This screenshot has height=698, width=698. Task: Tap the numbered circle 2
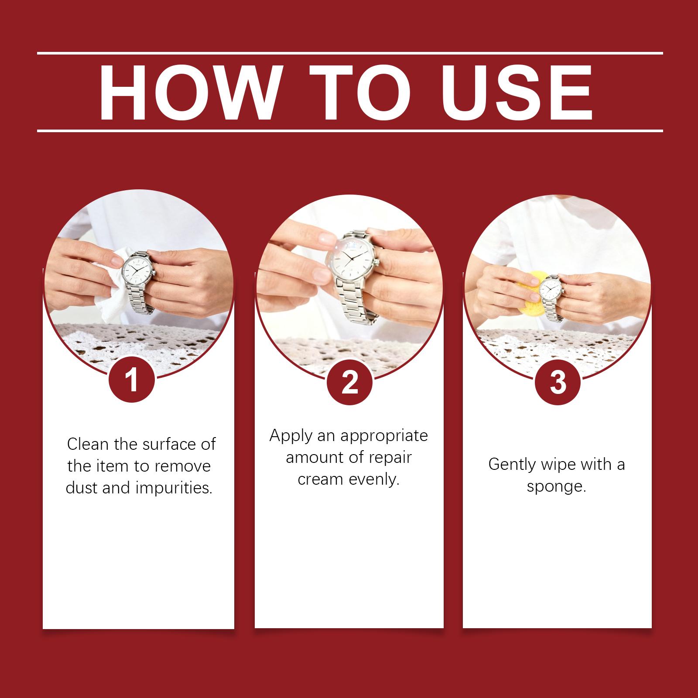pyautogui.click(x=349, y=382)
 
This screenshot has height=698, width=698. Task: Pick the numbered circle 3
pyautogui.click(x=558, y=382)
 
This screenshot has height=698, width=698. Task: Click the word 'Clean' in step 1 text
pyautogui.click(x=88, y=444)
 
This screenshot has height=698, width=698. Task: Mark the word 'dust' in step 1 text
pyautogui.click(x=81, y=488)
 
